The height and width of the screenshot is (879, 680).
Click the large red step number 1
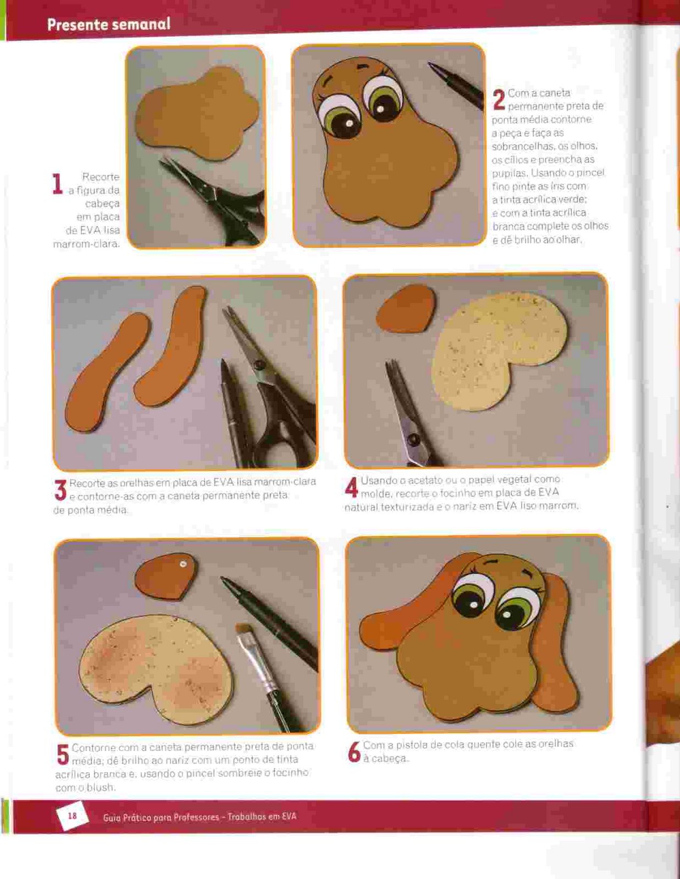[58, 184]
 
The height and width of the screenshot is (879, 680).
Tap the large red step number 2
[499, 99]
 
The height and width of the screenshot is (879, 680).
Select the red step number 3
[60, 489]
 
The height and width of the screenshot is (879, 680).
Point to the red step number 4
[351, 487]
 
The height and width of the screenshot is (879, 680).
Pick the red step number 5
[63, 755]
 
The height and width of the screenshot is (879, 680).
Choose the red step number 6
[354, 752]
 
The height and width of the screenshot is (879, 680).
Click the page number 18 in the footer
[73, 816]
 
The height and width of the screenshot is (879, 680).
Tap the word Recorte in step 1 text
[101, 177]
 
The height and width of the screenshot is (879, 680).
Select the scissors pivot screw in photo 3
[257, 366]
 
